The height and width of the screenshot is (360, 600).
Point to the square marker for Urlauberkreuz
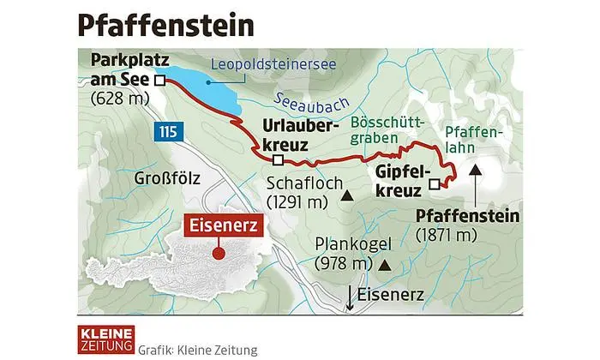click(277, 159)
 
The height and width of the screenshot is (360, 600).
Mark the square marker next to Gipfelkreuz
click(435, 183)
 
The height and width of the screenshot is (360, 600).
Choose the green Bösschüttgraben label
click(378, 131)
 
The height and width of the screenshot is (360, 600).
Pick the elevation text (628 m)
click(120, 97)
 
